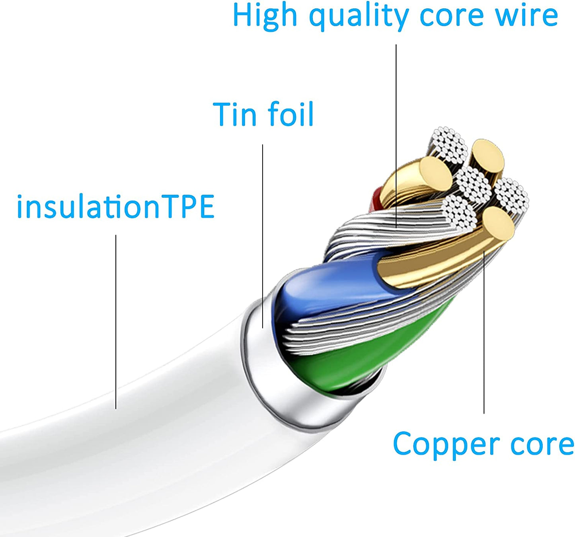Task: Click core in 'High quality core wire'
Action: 451,18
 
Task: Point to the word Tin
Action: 235,114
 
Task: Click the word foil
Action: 290,113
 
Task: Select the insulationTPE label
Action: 115,206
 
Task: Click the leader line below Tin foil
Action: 263,236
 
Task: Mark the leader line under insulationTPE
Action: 116,322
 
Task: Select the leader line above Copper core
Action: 484,332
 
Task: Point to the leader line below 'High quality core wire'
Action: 396,136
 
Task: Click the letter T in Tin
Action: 222,114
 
